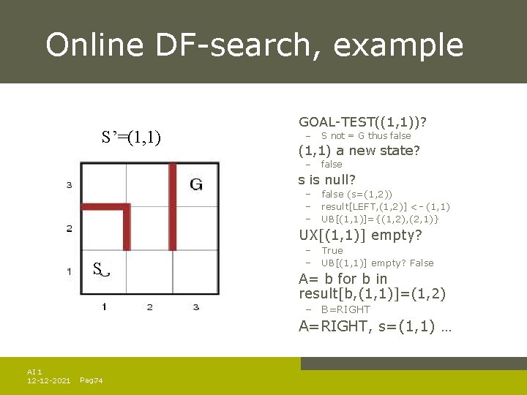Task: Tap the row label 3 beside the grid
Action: (69, 185)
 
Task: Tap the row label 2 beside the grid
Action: (69, 229)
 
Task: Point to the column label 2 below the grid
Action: (149, 306)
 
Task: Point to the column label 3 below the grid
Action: (195, 306)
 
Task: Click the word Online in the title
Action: (94, 45)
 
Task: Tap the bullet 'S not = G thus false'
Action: (366, 135)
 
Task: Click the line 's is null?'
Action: (327, 179)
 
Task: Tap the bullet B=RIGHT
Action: (345, 309)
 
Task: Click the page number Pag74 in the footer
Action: (91, 380)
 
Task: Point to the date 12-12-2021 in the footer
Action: (48, 380)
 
